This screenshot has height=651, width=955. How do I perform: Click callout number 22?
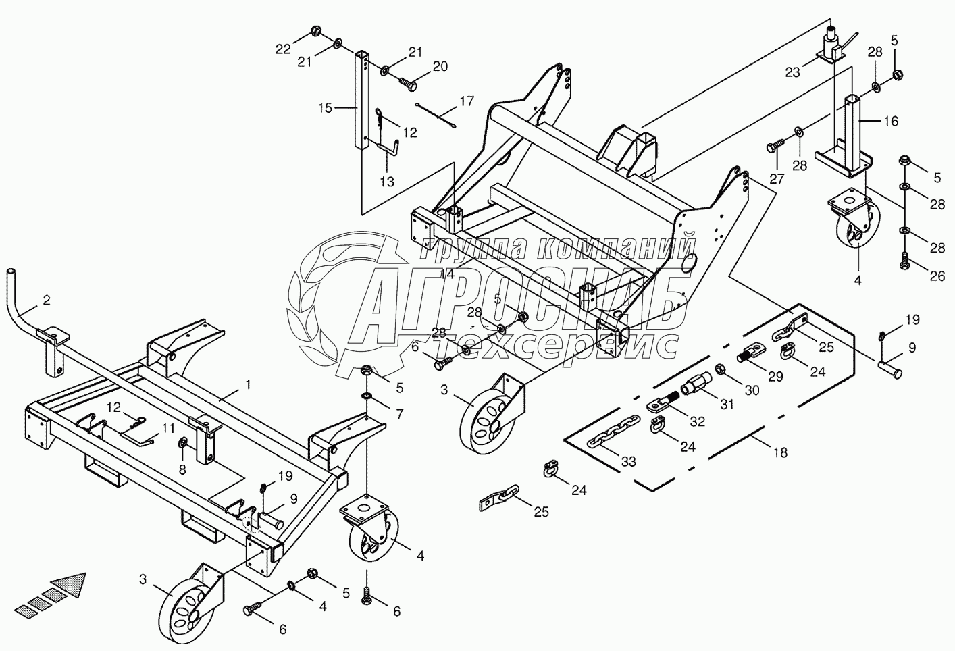[283, 48]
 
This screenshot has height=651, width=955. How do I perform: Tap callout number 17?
[467, 102]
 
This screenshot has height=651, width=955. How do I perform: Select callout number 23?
[792, 72]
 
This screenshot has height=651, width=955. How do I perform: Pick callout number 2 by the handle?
[46, 301]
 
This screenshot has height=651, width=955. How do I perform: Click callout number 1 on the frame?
[248, 384]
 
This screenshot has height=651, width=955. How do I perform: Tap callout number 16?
[891, 121]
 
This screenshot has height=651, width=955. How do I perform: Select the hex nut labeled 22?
[316, 31]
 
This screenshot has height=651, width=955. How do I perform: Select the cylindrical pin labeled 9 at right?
[891, 368]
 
